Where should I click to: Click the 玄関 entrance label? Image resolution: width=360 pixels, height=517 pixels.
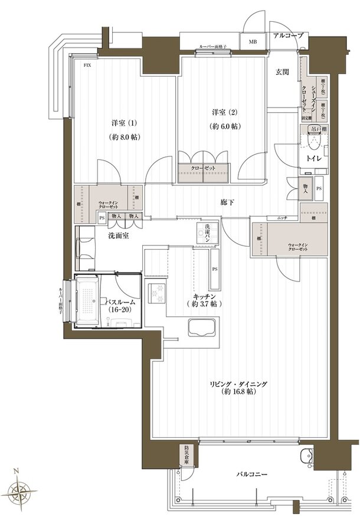(x=282, y=72)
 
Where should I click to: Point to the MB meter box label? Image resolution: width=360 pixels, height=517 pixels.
(x=253, y=42)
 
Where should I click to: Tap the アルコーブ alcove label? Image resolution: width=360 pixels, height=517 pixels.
(x=287, y=36)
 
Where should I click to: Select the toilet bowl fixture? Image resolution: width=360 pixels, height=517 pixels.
(x=313, y=142)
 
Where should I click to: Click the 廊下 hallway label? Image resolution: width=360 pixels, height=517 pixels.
(x=227, y=202)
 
